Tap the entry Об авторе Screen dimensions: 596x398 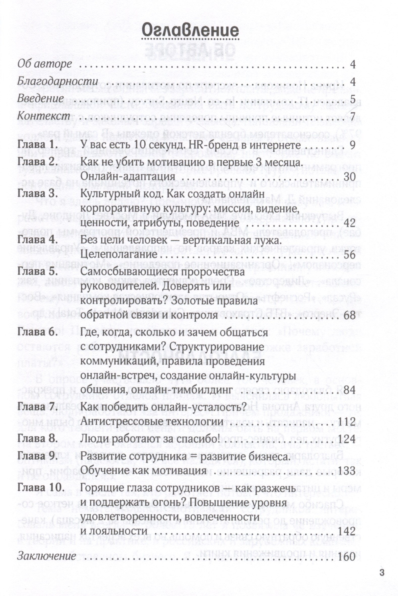pyautogui.click(x=45, y=64)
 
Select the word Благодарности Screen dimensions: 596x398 pyautogui.click(x=58, y=82)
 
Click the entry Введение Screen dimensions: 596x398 pyautogui.click(x=40, y=99)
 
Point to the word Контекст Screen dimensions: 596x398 pyautogui.click(x=44, y=116)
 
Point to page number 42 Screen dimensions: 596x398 pyautogui.click(x=349, y=223)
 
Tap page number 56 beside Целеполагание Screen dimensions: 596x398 pyautogui.click(x=349, y=255)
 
